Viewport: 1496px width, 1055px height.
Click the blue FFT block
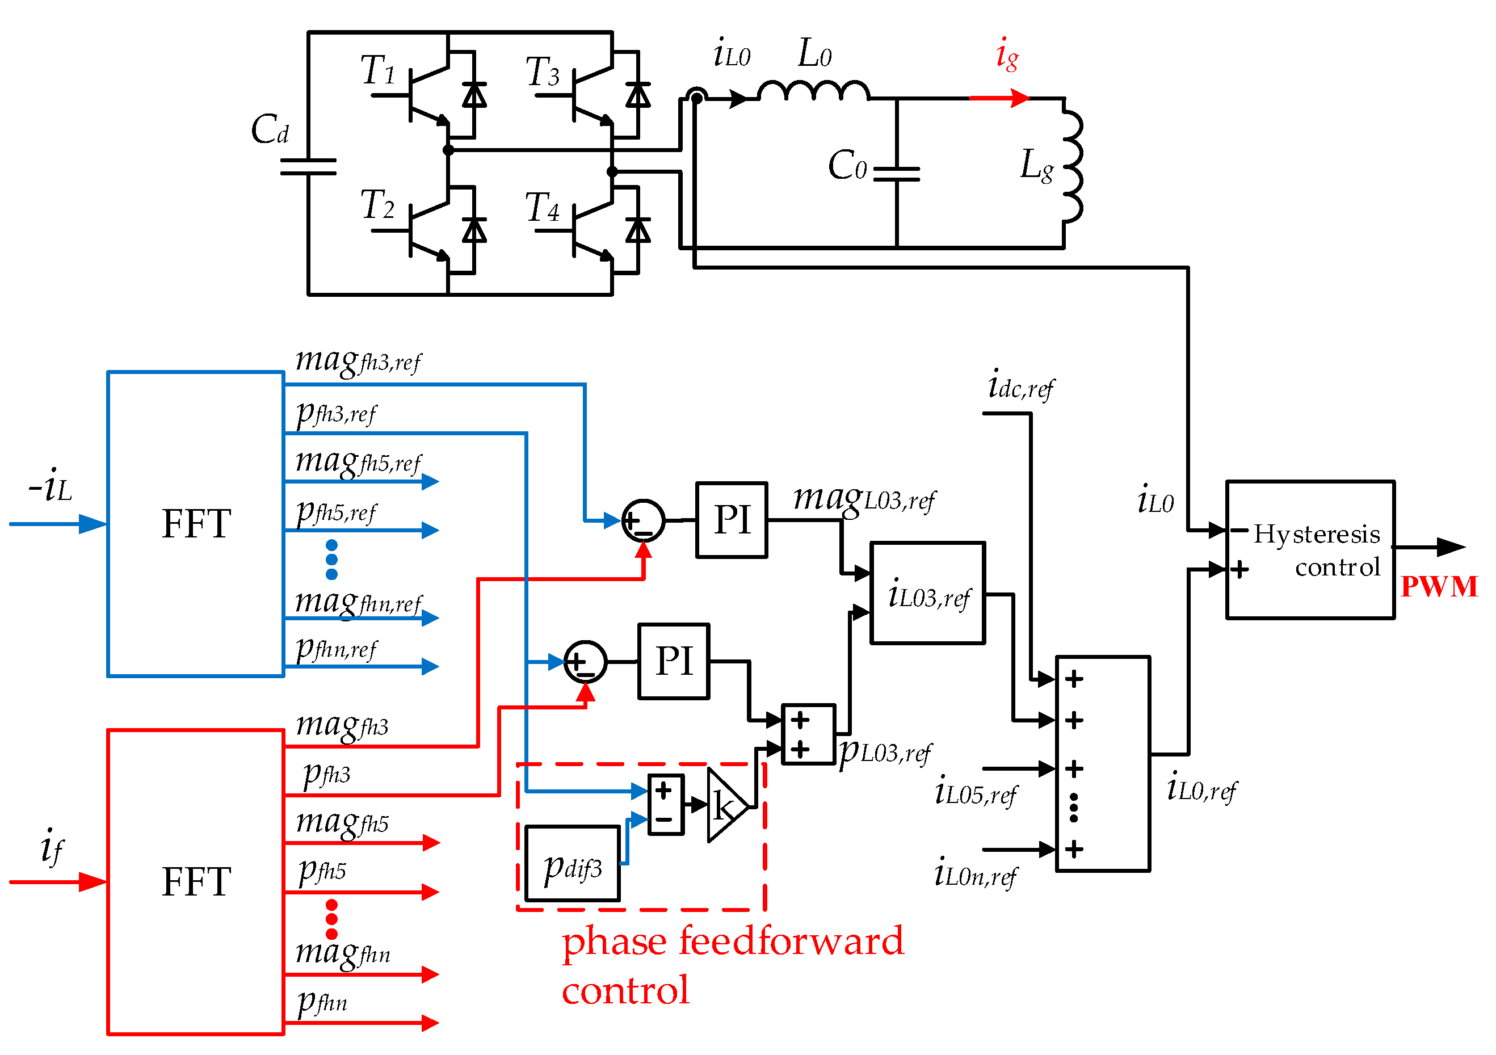[195, 524]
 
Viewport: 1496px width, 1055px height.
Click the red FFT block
[195, 883]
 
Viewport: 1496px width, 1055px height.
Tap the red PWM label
[1439, 586]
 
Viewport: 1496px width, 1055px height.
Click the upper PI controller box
[732, 520]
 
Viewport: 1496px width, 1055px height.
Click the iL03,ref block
[928, 594]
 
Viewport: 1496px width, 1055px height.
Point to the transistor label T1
[379, 70]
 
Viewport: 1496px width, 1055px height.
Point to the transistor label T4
[542, 208]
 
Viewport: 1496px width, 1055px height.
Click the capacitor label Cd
[270, 129]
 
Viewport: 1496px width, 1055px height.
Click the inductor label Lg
[1036, 166]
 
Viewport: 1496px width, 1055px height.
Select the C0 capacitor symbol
[897, 173]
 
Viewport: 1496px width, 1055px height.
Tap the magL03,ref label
[864, 500]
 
